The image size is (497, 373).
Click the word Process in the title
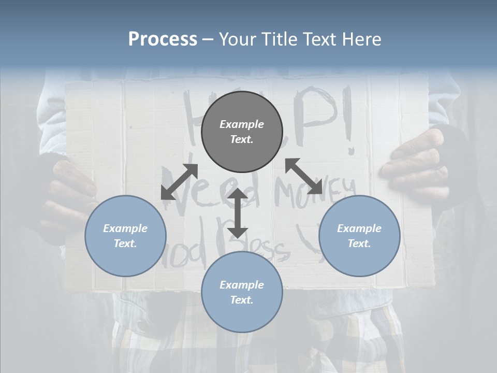point(163,39)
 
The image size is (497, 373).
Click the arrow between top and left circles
point(179,182)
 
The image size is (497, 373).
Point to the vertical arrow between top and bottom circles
point(238,213)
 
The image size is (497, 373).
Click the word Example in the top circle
point(242,124)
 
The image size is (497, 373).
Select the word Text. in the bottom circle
point(242,300)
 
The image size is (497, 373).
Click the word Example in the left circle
point(125,228)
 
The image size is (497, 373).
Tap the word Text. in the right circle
point(359,243)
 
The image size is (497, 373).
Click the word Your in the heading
point(237,39)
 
